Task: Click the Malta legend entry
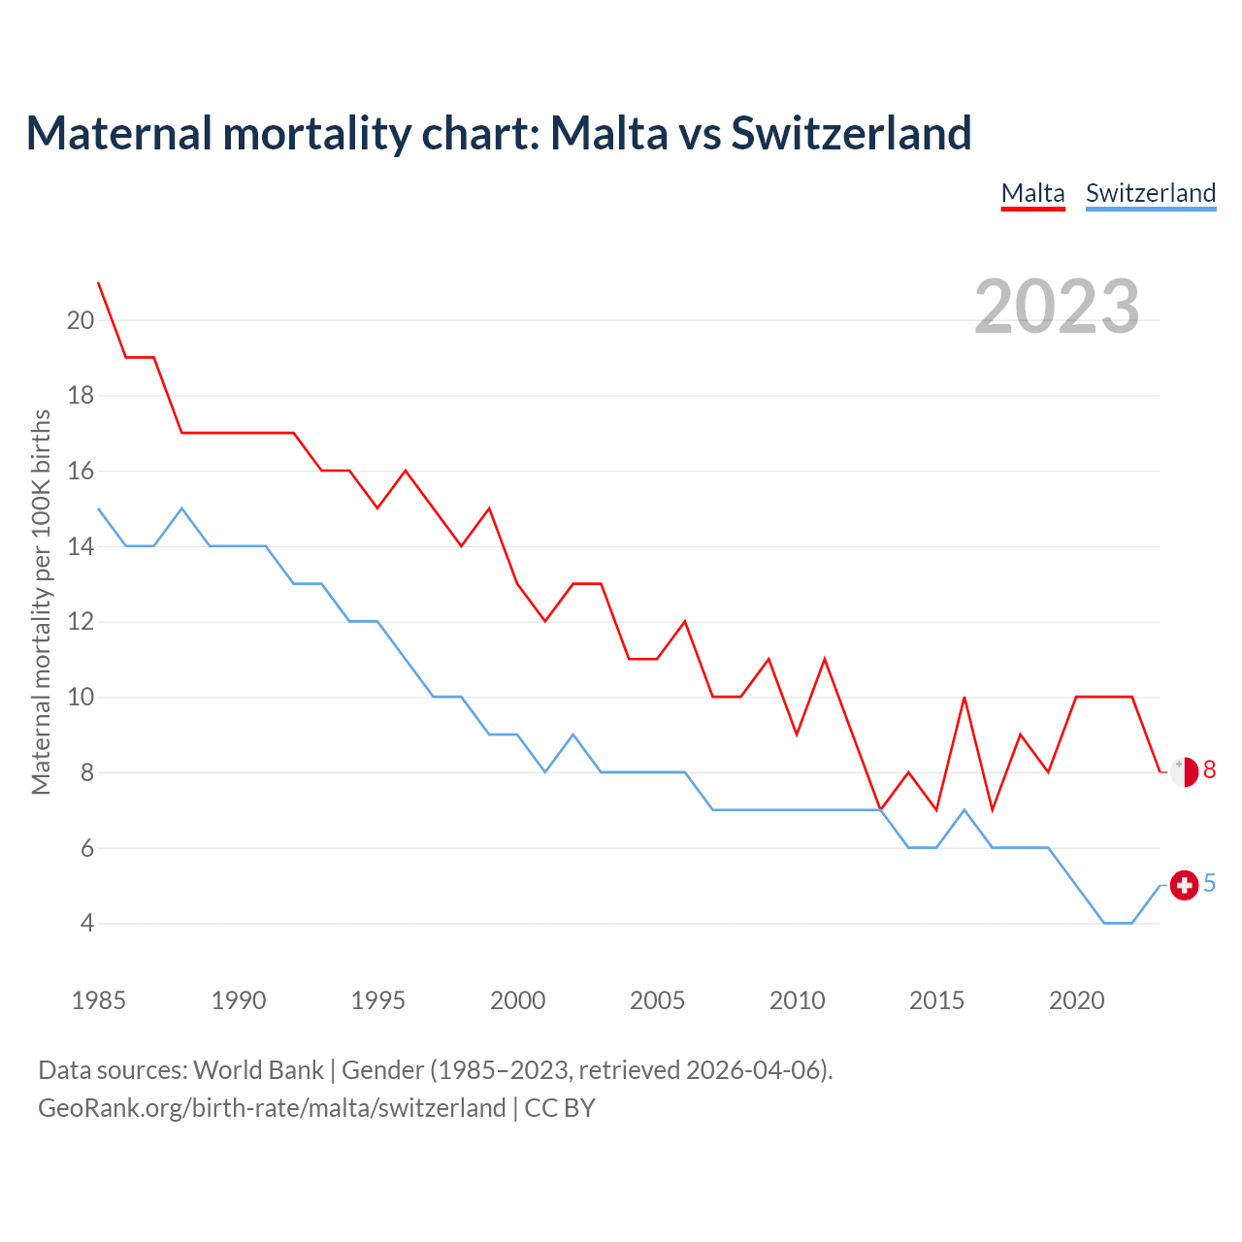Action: click(1032, 193)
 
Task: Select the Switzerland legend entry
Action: click(1150, 193)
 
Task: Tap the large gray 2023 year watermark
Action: click(1057, 307)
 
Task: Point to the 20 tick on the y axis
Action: click(81, 320)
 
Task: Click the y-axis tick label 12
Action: click(81, 621)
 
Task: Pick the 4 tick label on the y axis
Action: click(87, 923)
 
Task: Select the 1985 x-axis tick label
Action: click(99, 1000)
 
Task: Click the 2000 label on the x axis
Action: click(517, 1000)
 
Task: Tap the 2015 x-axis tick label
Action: click(936, 1000)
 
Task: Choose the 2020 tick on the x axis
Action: click(1076, 1000)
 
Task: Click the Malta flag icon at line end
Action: click(1184, 771)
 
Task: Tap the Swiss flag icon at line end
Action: click(1184, 885)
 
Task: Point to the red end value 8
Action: click(1209, 770)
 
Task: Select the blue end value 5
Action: click(1209, 884)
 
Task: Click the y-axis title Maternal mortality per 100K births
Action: click(41, 602)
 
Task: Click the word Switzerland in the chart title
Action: click(851, 133)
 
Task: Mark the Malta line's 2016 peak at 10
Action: click(964, 697)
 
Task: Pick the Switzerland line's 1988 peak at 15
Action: click(181, 508)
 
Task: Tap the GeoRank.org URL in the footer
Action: click(272, 1108)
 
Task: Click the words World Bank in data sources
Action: click(258, 1070)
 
